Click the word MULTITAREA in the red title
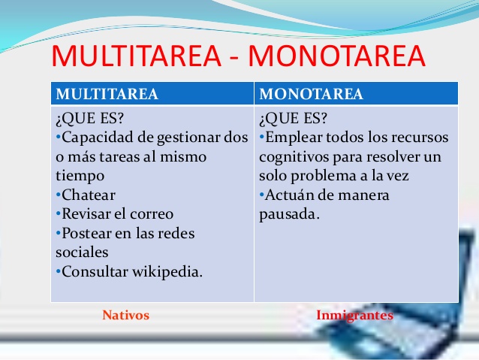click(139, 57)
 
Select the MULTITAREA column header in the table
click(107, 94)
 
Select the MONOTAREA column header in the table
click(311, 94)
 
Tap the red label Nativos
click(125, 316)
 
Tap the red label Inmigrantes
click(354, 316)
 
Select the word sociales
click(82, 253)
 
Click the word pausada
click(289, 214)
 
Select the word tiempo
click(80, 176)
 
